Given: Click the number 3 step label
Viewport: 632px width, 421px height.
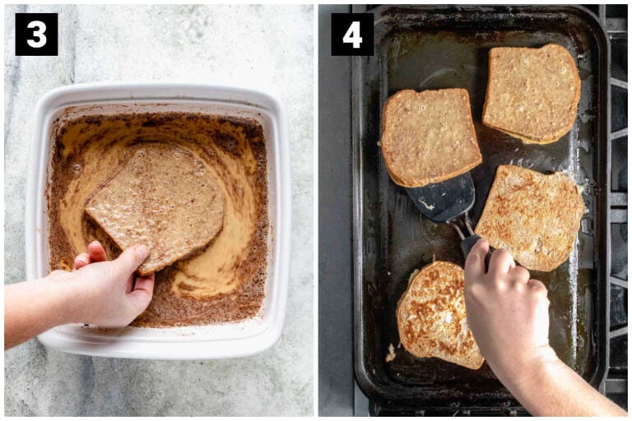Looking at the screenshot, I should point(36,34).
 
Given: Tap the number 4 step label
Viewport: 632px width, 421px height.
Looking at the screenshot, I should point(352,34).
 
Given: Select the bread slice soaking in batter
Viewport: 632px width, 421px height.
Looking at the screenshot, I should point(156,201).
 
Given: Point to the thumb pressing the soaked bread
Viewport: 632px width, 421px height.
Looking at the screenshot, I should point(125,261).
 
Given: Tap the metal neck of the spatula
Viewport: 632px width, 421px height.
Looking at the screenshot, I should point(466,229).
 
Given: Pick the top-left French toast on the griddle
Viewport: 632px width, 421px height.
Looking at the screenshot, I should point(429,136).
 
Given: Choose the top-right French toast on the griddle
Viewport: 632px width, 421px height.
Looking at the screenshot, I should point(531,93).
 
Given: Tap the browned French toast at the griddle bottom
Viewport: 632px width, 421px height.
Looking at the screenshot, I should point(438,312).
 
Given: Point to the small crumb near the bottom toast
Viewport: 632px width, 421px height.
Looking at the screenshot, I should point(390,354).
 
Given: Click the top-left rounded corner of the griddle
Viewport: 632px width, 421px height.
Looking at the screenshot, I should point(362,16).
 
